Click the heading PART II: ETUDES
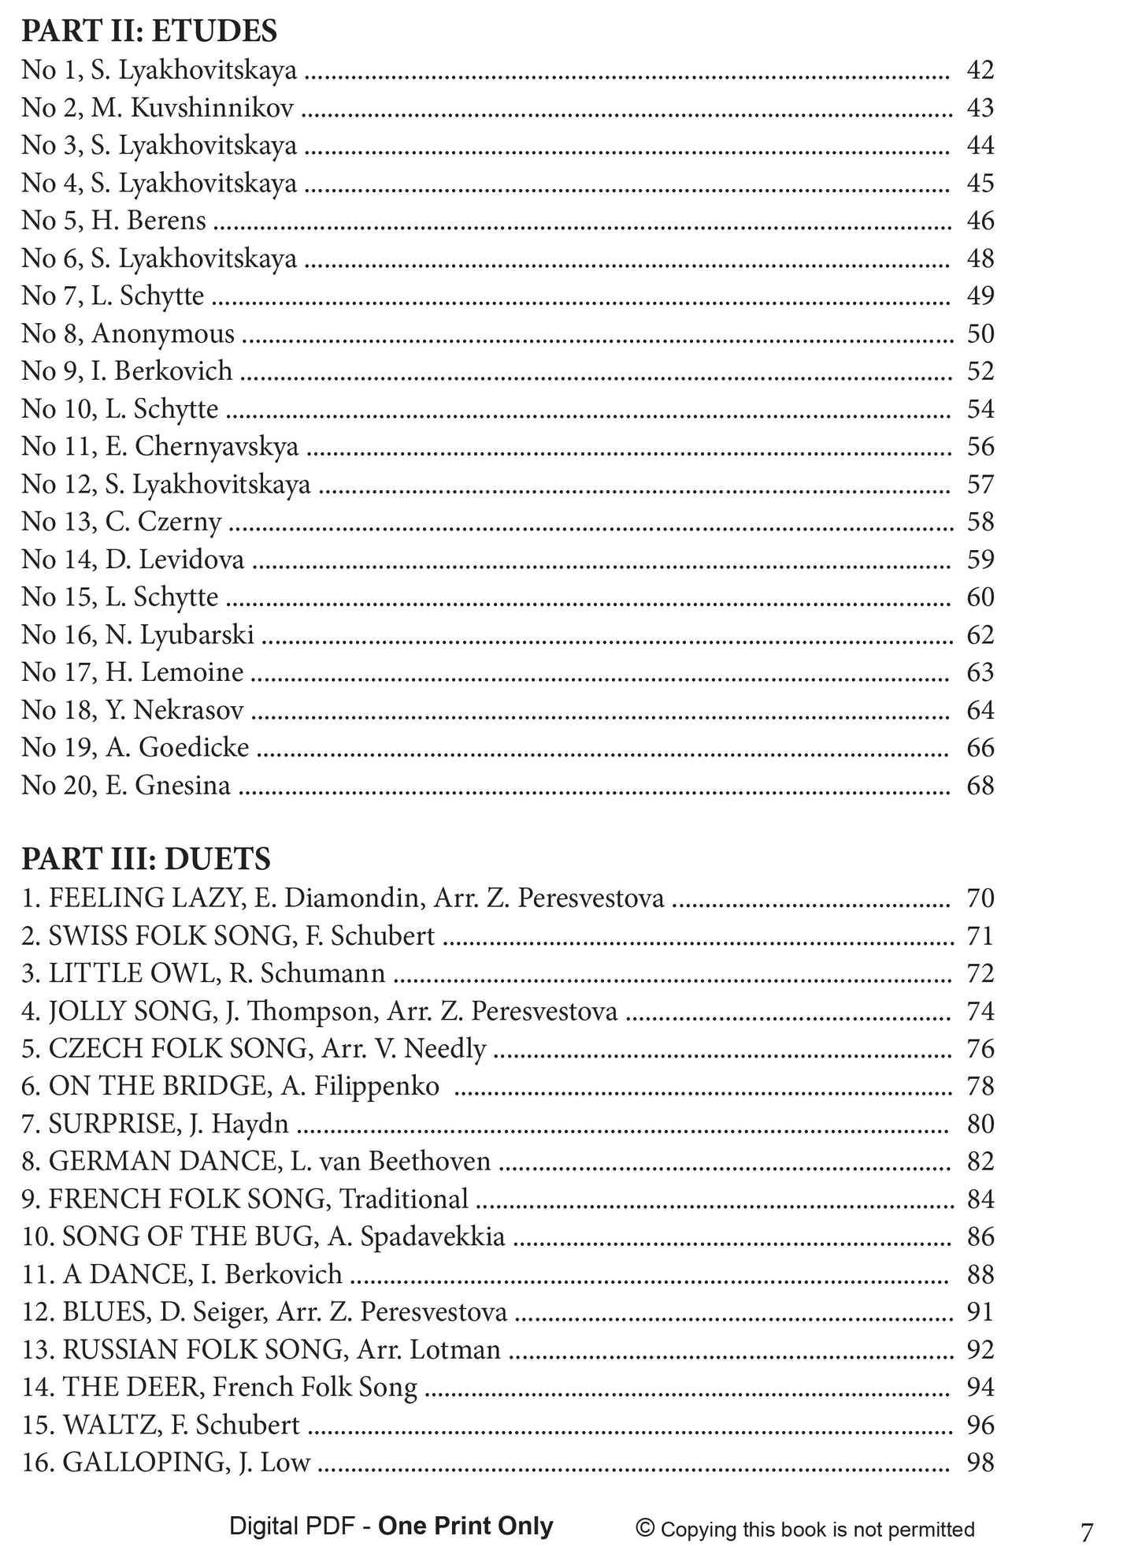click(x=149, y=32)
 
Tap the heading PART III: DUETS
click(x=146, y=859)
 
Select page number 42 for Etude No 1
click(x=980, y=70)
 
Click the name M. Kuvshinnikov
click(x=192, y=108)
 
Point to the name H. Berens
click(x=148, y=221)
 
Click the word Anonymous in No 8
click(x=163, y=334)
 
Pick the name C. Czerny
click(x=163, y=522)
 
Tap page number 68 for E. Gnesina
click(x=980, y=786)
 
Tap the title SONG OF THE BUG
click(x=187, y=1237)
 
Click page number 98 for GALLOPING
click(x=980, y=1463)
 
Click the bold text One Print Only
click(x=465, y=1526)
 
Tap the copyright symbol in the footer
click(x=645, y=1529)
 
